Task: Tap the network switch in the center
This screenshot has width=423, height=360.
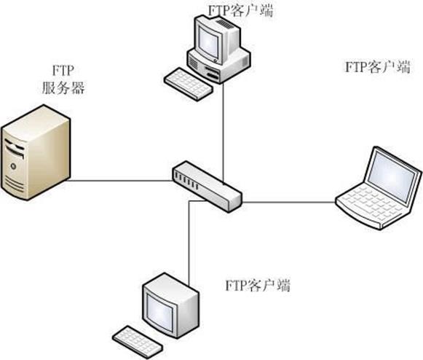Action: (206, 186)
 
